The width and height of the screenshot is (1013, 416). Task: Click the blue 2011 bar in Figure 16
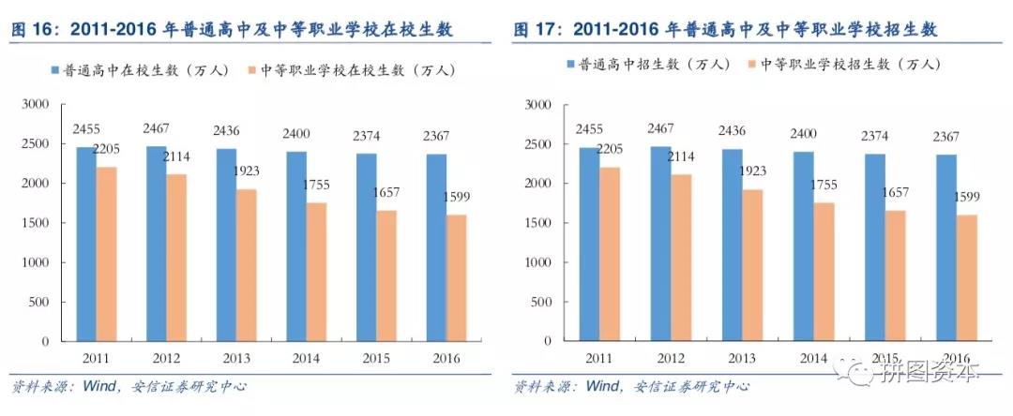coord(86,244)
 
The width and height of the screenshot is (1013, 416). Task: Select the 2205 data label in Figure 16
coord(103,148)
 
